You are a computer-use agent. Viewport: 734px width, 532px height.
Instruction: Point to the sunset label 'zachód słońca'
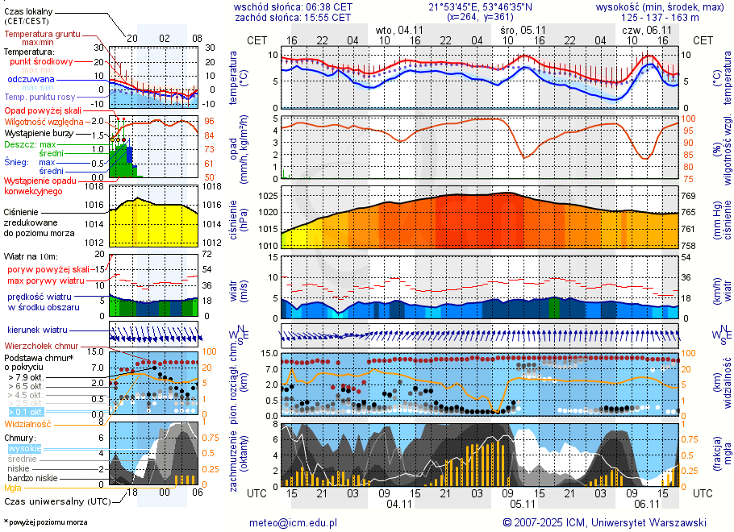[268, 17]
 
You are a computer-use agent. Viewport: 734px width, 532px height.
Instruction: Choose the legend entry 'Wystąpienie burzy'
[38, 132]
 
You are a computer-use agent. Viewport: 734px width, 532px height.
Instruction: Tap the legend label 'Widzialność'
[28, 423]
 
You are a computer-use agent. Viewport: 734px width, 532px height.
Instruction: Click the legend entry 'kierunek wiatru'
[36, 330]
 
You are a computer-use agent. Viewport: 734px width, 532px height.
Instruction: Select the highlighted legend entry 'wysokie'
[24, 448]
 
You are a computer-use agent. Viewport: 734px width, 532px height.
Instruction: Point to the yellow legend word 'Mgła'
[13, 488]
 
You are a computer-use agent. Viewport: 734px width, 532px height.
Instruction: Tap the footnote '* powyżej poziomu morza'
[46, 522]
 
